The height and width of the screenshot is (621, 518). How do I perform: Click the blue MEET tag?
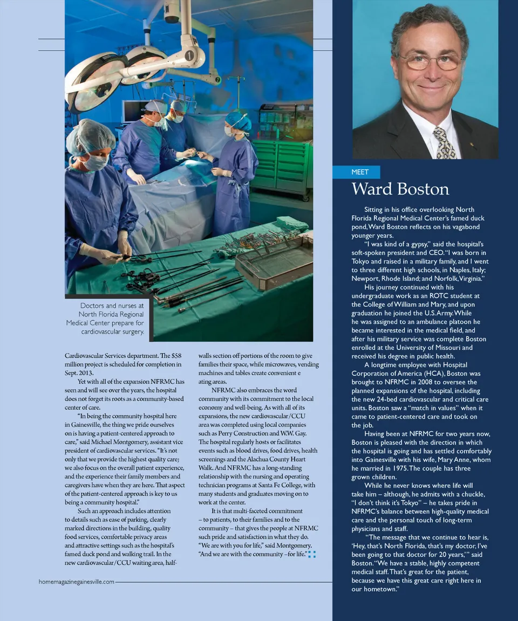359,172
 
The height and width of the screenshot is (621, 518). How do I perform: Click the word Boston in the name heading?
424,189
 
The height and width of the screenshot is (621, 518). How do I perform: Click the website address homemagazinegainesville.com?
77,582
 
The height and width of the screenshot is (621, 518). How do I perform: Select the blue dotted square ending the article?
311,554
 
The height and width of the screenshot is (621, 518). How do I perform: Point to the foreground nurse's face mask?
95,162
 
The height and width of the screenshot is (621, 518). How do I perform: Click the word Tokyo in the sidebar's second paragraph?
363,261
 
